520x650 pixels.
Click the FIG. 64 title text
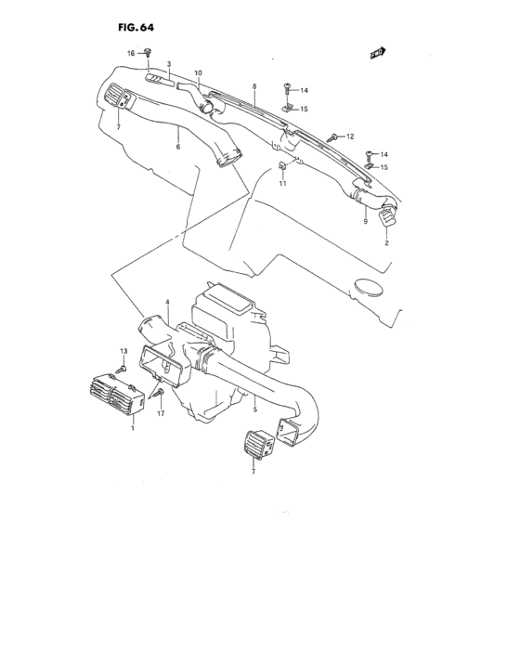pos(136,27)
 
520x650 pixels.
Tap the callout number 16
pos(131,54)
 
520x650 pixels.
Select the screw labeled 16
pos(148,52)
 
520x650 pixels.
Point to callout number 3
pos(169,64)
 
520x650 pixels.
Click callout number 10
pos(198,73)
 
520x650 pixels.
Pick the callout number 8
pos(254,86)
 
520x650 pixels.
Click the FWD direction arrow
pos(378,53)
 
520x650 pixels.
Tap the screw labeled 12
pos(333,136)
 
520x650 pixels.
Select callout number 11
pos(283,183)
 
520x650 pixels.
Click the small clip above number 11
pos(282,165)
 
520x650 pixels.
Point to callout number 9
pos(365,221)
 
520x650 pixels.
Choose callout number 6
pos(178,147)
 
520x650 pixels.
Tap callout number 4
pos(167,302)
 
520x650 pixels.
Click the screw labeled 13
pos(122,368)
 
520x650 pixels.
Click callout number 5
pos(255,409)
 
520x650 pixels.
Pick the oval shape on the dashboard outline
pos(370,288)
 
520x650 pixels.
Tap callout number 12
pos(350,136)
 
